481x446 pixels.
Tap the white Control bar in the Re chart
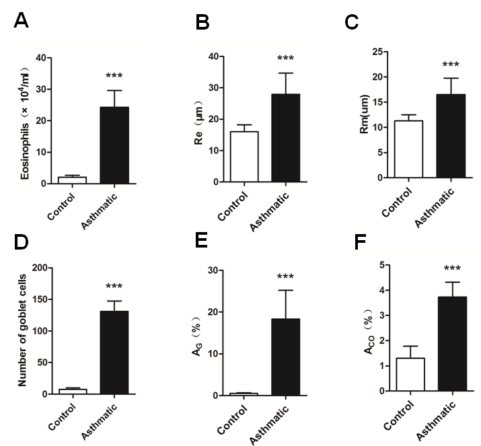click(244, 157)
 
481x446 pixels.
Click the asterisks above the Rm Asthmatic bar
click(450, 65)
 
